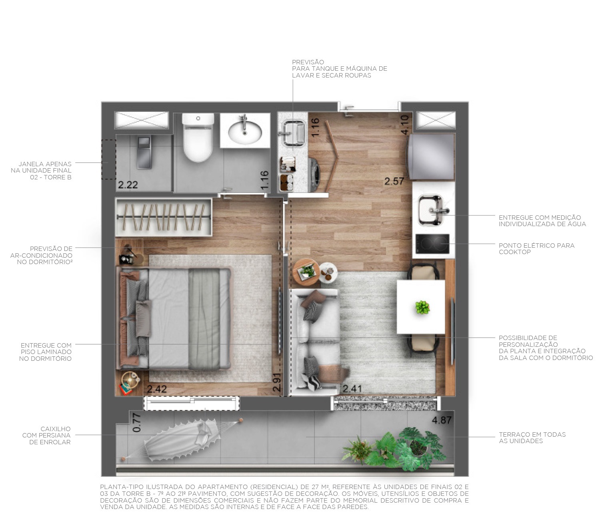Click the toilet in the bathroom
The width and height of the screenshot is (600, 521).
[198, 138]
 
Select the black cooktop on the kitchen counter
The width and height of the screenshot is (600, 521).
[432, 244]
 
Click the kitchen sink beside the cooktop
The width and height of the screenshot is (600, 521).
[431, 210]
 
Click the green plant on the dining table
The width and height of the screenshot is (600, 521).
[422, 307]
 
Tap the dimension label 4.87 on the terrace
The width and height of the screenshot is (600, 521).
[442, 420]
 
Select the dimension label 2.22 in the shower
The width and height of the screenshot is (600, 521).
[128, 185]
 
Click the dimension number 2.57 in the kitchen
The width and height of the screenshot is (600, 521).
[394, 181]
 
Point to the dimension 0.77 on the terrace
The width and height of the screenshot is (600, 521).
[137, 423]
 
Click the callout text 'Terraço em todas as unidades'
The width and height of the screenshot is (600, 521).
[532, 437]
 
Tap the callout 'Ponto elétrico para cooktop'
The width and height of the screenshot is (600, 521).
[536, 249]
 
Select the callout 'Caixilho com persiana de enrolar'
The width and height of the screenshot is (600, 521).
[46, 435]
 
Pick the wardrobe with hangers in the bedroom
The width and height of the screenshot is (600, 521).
[163, 217]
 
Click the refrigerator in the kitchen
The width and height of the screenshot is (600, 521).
[432, 157]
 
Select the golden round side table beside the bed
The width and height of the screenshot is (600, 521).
[130, 378]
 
